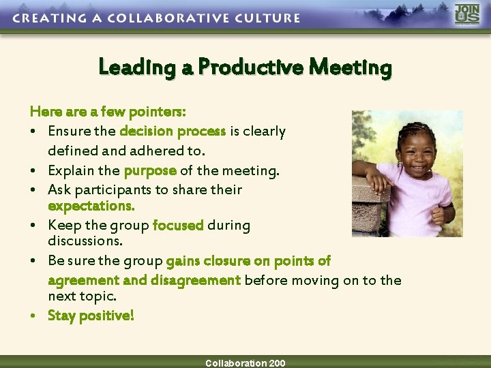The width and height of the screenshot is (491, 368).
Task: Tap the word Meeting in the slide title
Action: pos(351,67)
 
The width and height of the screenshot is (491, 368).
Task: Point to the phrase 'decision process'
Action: pos(173,131)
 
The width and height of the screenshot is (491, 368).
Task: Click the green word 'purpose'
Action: pos(150,170)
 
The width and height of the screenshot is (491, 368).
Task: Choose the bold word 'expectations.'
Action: pos(91,205)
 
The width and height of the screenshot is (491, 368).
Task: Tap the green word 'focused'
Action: pos(178,225)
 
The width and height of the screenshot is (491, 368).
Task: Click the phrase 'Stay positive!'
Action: pos(91,316)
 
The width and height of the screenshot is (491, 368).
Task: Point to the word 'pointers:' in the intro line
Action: pos(159,110)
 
